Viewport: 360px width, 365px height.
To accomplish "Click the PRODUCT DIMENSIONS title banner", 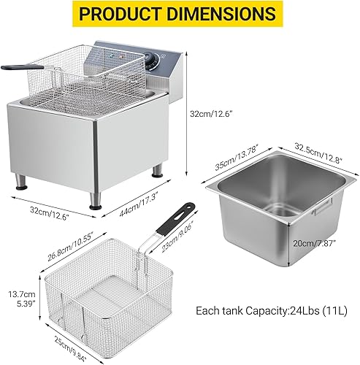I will (180, 14).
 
